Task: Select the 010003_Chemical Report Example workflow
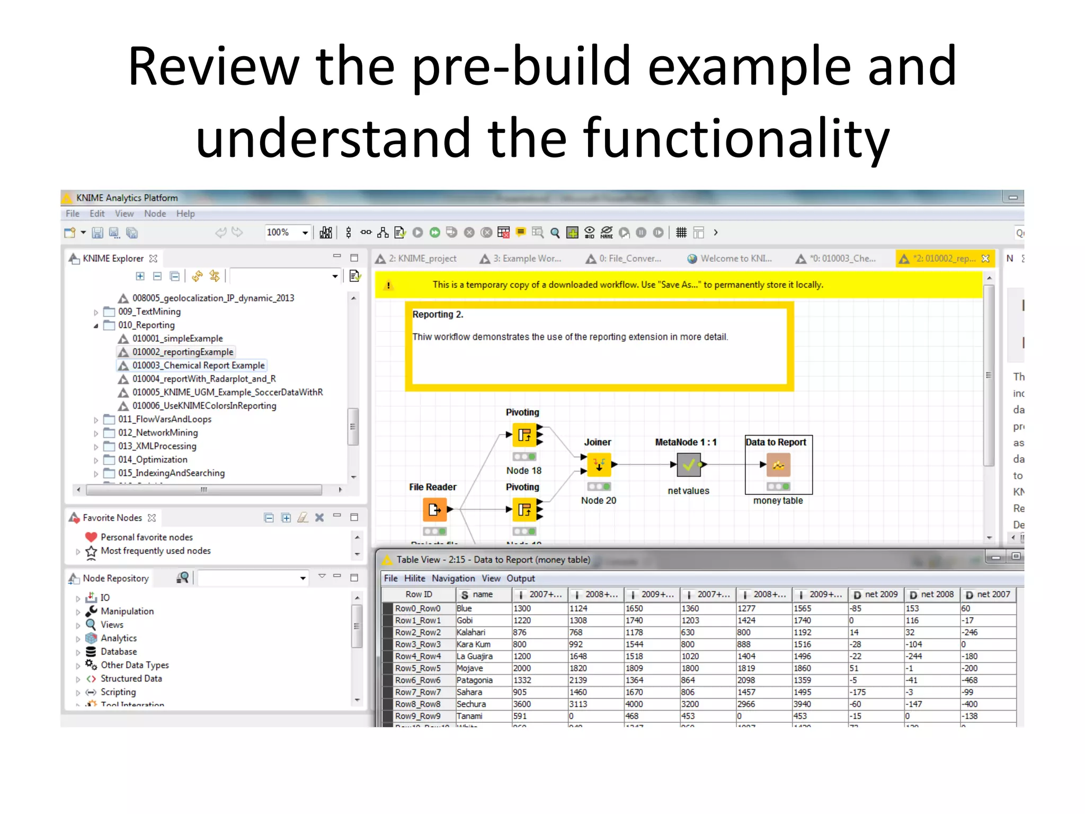point(198,366)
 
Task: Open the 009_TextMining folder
point(149,312)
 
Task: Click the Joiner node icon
point(599,465)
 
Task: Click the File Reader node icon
point(434,510)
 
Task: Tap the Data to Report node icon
point(778,465)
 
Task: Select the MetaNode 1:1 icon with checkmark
point(688,465)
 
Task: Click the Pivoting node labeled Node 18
point(524,435)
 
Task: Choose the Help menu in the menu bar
point(185,214)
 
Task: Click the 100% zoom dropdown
point(287,233)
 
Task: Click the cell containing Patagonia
point(475,680)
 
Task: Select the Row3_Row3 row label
point(417,644)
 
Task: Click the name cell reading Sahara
point(469,692)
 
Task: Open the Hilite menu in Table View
point(414,579)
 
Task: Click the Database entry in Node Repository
point(119,652)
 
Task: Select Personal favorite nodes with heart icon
point(146,537)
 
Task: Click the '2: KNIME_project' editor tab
point(422,259)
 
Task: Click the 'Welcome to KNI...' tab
point(735,259)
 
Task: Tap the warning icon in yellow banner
point(388,285)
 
